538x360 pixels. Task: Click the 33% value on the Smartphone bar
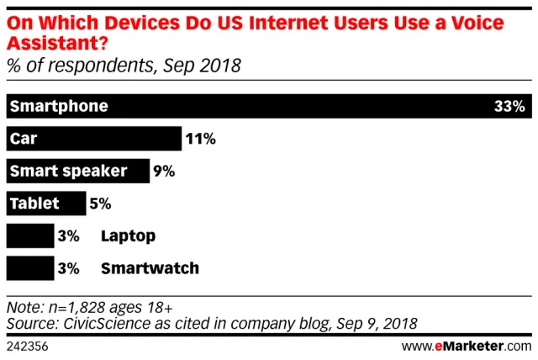pos(509,107)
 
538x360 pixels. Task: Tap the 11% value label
pos(200,139)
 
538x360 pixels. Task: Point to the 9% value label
pos(163,171)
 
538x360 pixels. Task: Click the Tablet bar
pos(45,204)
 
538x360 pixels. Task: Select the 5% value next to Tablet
pos(100,204)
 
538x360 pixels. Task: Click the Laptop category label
pos(128,236)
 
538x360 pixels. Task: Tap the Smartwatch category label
pos(150,268)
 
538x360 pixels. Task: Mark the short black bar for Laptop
pos(29,236)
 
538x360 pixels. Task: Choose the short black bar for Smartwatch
pos(29,268)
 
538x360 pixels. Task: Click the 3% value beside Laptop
pos(69,236)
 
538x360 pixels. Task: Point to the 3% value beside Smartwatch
pos(69,268)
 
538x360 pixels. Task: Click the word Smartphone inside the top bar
pos(59,107)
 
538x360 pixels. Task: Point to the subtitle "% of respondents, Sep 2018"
pos(124,66)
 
